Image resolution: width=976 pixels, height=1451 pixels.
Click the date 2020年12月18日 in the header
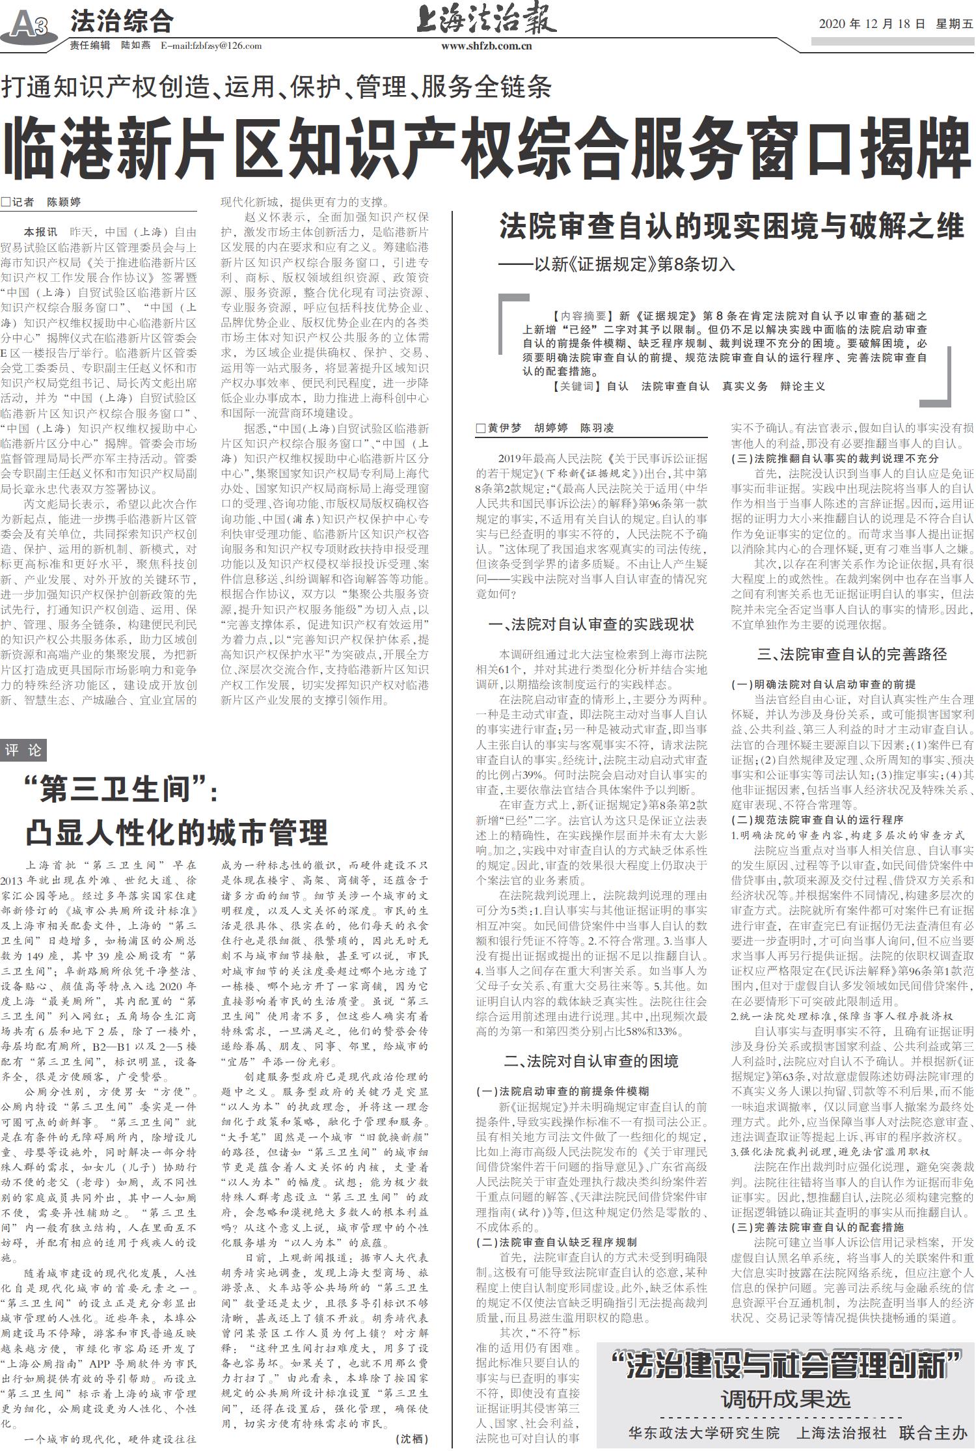tap(871, 24)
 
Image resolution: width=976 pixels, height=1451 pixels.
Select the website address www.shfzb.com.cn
tap(487, 46)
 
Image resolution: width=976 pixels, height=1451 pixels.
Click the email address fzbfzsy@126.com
tap(211, 46)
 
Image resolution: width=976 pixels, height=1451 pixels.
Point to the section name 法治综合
tap(122, 21)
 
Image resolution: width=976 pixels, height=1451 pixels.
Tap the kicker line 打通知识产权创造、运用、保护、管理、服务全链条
tap(276, 87)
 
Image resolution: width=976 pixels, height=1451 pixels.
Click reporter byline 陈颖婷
tap(64, 202)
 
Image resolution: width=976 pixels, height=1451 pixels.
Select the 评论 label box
tap(23, 750)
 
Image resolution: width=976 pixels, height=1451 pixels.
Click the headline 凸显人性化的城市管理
tap(177, 832)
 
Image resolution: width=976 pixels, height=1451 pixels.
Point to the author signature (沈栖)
tap(411, 1438)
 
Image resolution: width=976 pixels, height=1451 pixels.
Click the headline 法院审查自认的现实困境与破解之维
tap(731, 228)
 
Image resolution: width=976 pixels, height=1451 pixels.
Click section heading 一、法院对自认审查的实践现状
tap(591, 624)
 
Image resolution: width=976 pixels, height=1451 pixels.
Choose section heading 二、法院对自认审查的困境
tap(591, 1061)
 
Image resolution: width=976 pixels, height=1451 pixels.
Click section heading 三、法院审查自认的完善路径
tap(852, 654)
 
